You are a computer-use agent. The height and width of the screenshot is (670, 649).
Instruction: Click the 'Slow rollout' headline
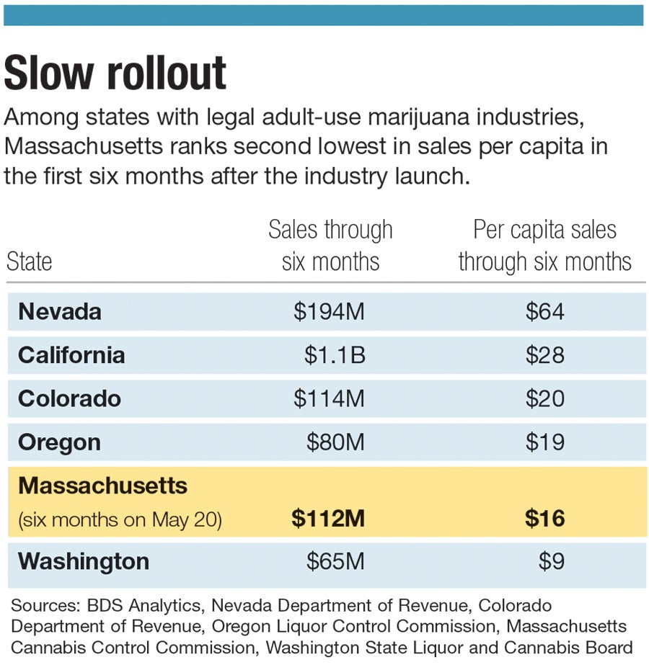[115, 72]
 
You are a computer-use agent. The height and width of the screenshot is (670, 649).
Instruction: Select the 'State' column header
[30, 261]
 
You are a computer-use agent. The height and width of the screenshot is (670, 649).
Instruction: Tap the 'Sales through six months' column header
[330, 246]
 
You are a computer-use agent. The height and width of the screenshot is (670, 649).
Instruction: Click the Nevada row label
[60, 311]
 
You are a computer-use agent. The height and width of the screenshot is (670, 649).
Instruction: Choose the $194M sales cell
[329, 311]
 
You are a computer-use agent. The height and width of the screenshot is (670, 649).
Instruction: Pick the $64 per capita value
[544, 311]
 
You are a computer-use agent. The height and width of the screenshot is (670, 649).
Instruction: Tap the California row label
[71, 355]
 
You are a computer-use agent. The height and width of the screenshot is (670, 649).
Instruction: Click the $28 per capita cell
[544, 355]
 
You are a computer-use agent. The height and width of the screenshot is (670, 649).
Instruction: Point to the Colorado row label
[69, 398]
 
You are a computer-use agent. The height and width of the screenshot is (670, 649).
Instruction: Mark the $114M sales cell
[329, 398]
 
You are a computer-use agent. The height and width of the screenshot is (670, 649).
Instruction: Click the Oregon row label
[60, 442]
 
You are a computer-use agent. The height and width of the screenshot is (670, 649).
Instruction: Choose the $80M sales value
[335, 442]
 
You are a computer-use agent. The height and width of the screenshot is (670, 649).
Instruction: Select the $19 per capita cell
[544, 442]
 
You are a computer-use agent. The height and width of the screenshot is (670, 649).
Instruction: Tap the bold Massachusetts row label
[102, 486]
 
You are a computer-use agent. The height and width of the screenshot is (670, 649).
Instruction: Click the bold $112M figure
[328, 519]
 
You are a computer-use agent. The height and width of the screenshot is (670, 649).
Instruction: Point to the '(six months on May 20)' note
[120, 519]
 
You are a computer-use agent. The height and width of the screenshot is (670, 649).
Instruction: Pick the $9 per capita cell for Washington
[551, 561]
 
